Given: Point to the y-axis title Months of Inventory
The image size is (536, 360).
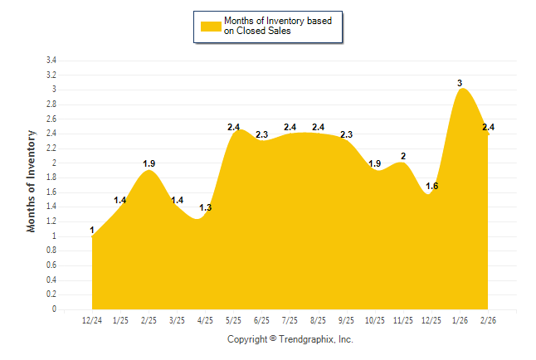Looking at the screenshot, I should click(32, 181).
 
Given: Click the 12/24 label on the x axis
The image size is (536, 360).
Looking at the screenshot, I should click(92, 320).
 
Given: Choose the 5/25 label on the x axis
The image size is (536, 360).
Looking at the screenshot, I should click(233, 320).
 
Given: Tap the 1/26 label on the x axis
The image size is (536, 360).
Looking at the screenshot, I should click(459, 320).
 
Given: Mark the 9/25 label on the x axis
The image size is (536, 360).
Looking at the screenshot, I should click(346, 320).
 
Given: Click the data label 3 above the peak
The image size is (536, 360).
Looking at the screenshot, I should click(460, 83).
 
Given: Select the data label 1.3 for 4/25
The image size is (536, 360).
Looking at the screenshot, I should click(206, 207).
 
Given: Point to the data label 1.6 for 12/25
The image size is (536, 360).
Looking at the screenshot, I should click(431, 186).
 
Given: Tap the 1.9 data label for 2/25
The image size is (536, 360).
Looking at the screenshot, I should click(149, 163).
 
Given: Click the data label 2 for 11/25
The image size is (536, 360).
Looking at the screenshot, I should click(403, 156).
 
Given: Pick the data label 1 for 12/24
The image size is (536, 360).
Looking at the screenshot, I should click(92, 230).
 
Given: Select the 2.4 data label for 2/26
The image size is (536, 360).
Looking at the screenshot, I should click(488, 127).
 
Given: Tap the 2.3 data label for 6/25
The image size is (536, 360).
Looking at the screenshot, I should click(261, 134).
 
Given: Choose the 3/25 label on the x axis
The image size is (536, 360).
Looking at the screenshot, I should click(177, 320).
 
